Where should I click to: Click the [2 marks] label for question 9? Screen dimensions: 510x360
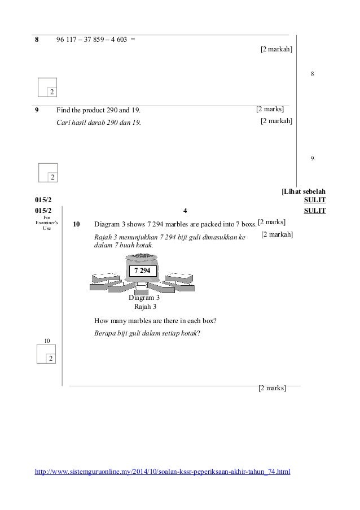(270, 108)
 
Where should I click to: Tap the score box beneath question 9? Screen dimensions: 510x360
(48, 173)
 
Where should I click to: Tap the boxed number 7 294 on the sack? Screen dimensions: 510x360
(143, 271)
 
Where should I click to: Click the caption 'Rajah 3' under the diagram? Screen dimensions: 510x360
(144, 307)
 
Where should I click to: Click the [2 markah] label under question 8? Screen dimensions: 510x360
(276, 50)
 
